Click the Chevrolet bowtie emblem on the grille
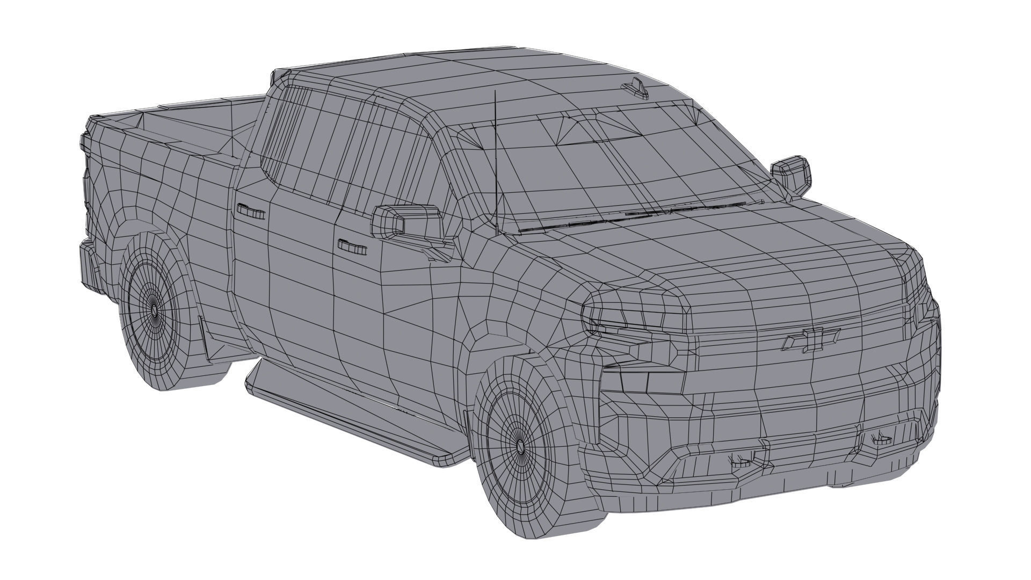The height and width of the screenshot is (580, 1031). point(811,339)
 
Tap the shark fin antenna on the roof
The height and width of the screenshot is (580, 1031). point(636,89)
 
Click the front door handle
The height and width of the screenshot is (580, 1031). point(352,247)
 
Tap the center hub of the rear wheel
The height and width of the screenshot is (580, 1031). point(155,311)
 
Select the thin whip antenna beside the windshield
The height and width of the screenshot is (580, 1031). point(496,161)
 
